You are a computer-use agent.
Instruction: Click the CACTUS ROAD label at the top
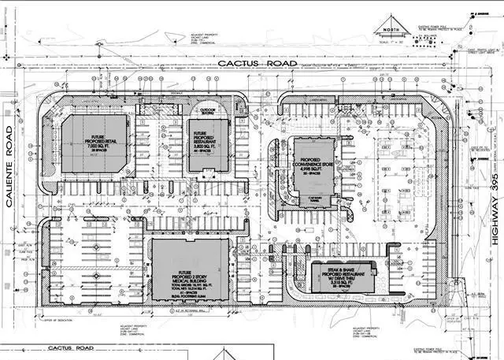pos(257,63)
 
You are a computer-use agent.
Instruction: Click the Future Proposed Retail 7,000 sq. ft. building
pos(94,143)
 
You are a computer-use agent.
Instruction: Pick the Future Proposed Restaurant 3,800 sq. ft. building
pos(205,147)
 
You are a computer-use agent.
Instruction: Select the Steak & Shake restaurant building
pos(341,278)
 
